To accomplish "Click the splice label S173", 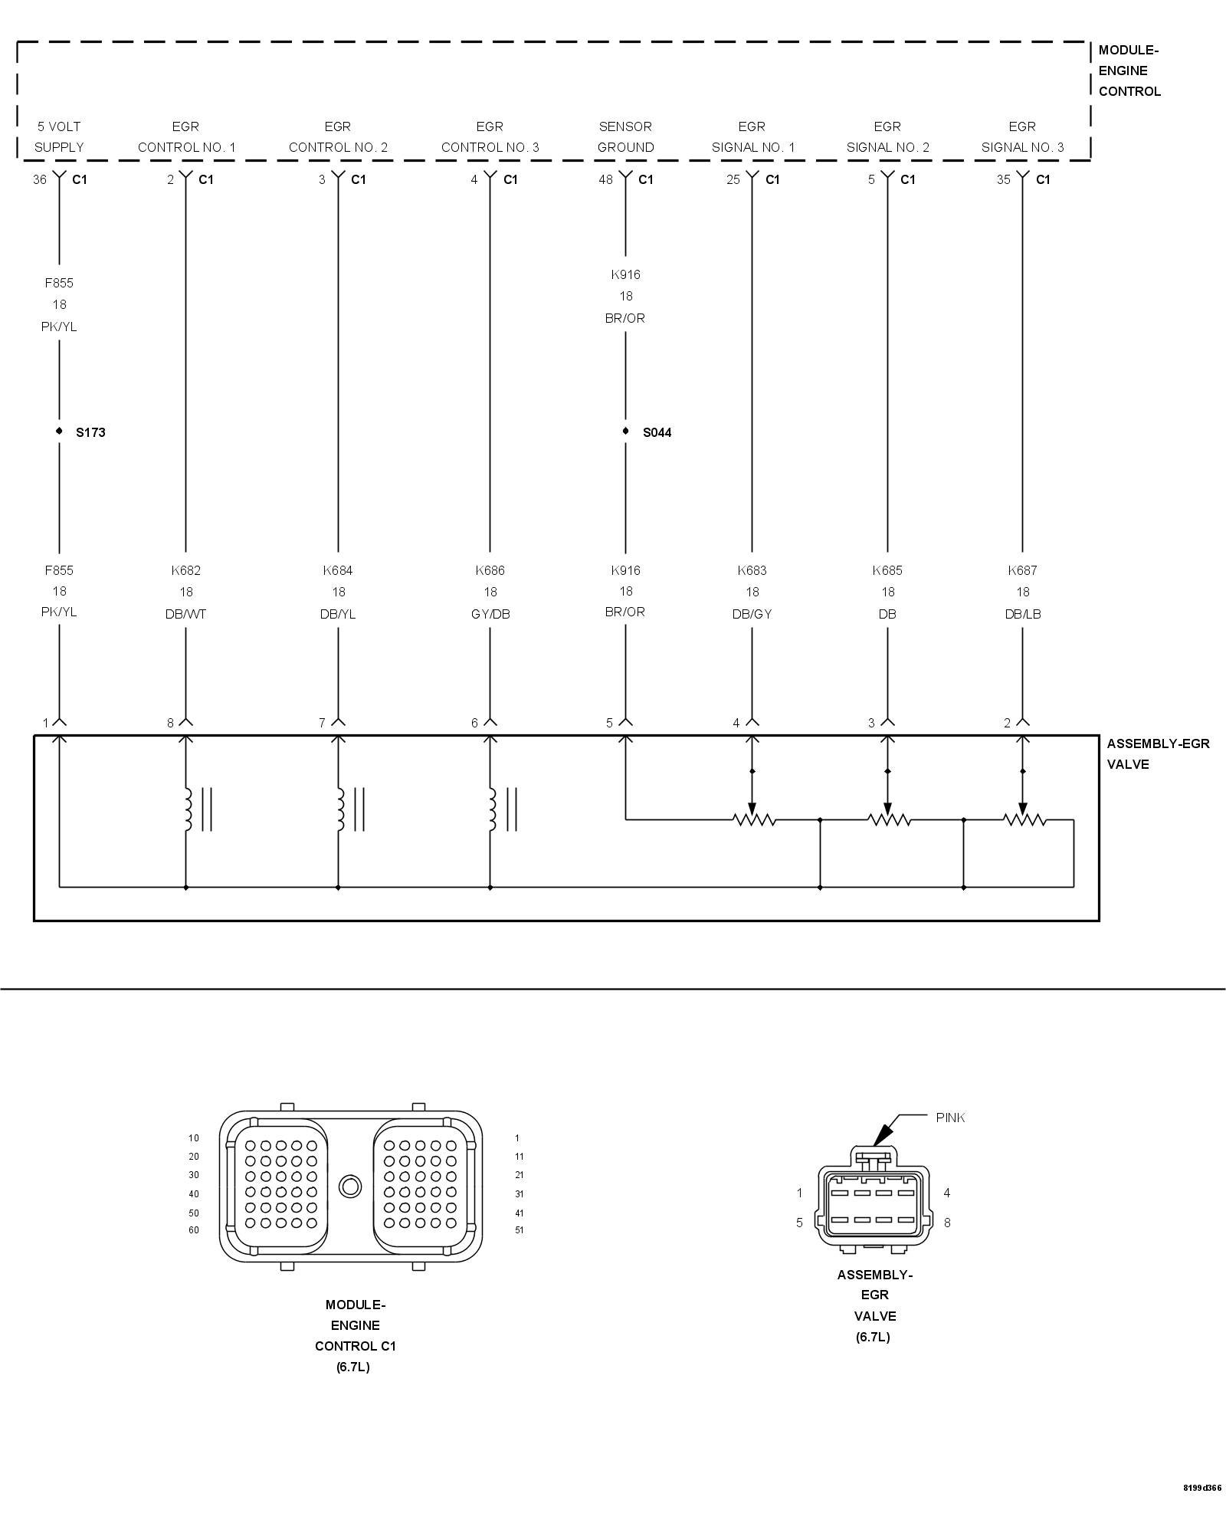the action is pos(90,432).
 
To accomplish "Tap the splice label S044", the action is pos(657,432).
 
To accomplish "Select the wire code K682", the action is pos(185,570).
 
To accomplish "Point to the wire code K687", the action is pos(1022,570).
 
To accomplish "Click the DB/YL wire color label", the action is pos(338,614).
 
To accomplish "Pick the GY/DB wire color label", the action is pos(490,614).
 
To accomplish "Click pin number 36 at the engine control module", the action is pos(40,179).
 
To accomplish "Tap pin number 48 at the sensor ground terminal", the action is pos(605,179).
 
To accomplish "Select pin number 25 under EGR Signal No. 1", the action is pos(733,179).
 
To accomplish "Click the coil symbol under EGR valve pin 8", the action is pos(187,809).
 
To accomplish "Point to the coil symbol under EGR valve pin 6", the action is pos(492,809).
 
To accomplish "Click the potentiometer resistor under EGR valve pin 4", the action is pos(754,820).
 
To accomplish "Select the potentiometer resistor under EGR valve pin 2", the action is pos(1024,820).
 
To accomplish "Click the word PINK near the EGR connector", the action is pos(950,1118).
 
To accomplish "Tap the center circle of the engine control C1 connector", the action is pos(350,1187).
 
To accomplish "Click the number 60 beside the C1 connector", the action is pos(194,1230).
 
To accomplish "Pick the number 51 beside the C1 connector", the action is pos(520,1230).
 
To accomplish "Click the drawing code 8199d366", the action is pos(1202,1509).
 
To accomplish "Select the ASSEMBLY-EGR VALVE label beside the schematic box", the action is pos(1157,753).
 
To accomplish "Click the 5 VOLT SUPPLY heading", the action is pos(59,136).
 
